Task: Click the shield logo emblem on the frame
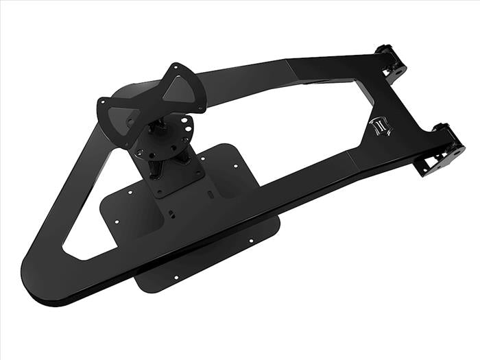tap(379, 125)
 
